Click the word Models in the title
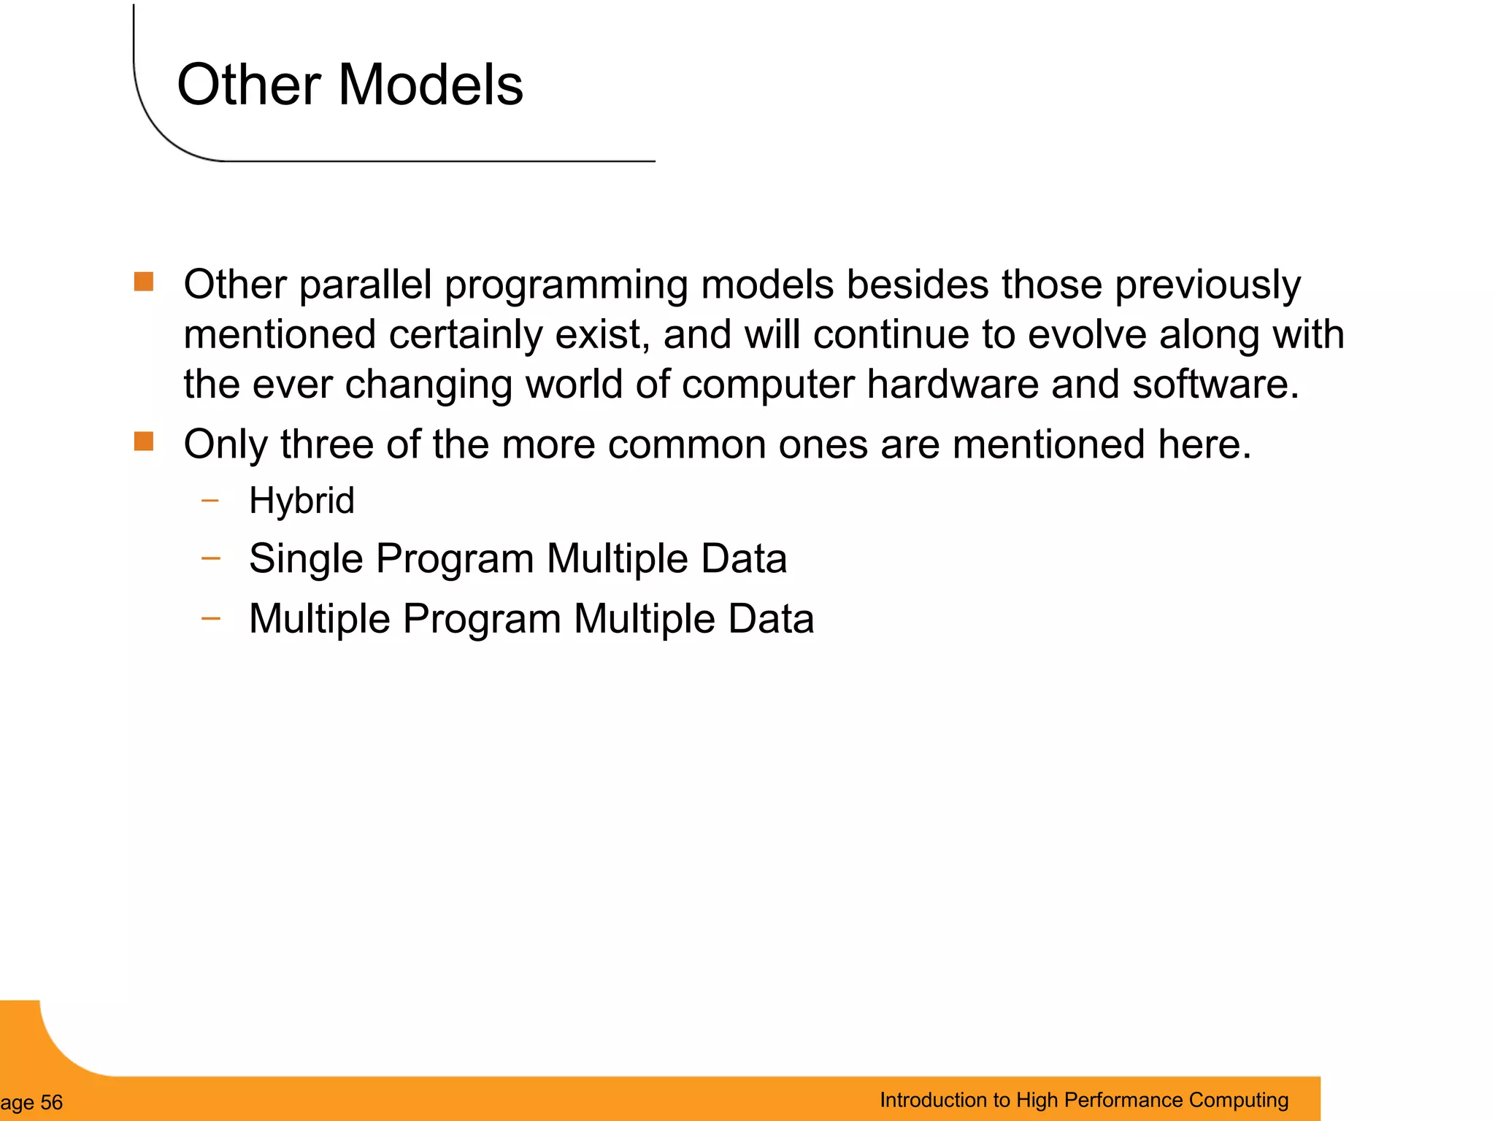pyautogui.click(x=430, y=85)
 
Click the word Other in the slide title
pyautogui.click(x=249, y=85)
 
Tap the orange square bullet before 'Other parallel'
pyautogui.click(x=144, y=282)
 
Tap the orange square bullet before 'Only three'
pyautogui.click(x=144, y=442)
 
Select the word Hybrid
pyautogui.click(x=301, y=501)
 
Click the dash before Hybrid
pyautogui.click(x=210, y=501)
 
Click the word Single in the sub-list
pyautogui.click(x=306, y=559)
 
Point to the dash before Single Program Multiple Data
pyautogui.click(x=210, y=559)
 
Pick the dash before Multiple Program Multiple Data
pyautogui.click(x=210, y=619)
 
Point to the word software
pyautogui.click(x=1215, y=385)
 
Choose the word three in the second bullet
pyautogui.click(x=326, y=444)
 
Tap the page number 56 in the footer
pyautogui.click(x=51, y=1103)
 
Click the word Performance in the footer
pyautogui.click(x=1121, y=1101)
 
